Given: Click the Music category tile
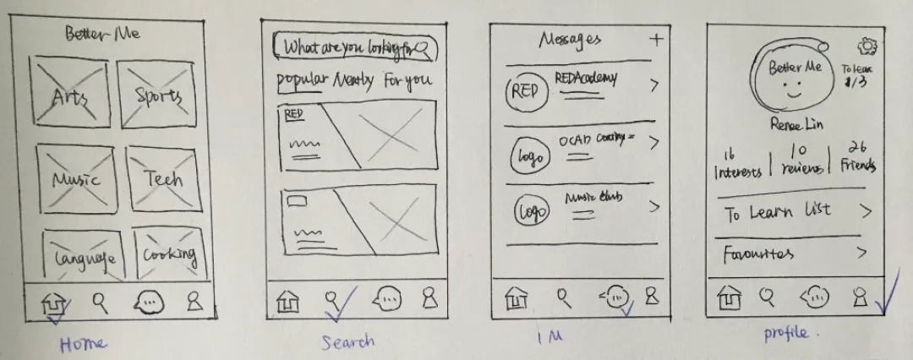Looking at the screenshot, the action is pos(75,179).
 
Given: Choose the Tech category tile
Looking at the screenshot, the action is pos(163,179).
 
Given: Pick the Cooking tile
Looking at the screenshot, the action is pos(169,254).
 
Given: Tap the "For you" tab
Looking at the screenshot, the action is pos(407,81).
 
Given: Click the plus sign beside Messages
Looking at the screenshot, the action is pos(657,38).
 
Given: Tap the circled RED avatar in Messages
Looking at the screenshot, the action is pos(524,91).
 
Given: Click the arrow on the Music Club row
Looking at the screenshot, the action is pos(653,205).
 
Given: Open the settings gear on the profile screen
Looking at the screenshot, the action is pos(867,46).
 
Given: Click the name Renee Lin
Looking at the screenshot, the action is pos(795,125).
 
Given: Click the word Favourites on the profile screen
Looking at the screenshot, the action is pos(757,254).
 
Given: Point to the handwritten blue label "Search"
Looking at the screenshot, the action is pos(347,342).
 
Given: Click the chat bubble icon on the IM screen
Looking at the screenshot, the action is pos(616,297).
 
